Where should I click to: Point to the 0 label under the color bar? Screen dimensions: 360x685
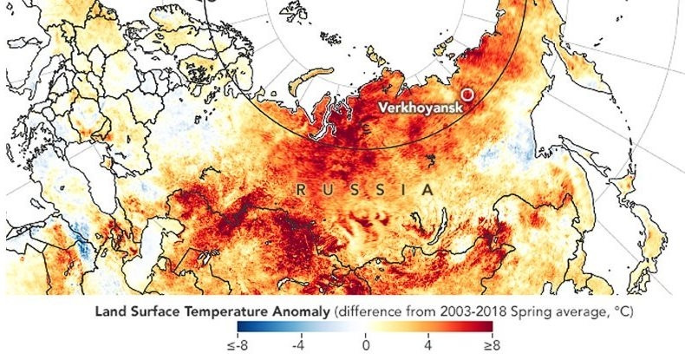[x=364, y=347]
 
